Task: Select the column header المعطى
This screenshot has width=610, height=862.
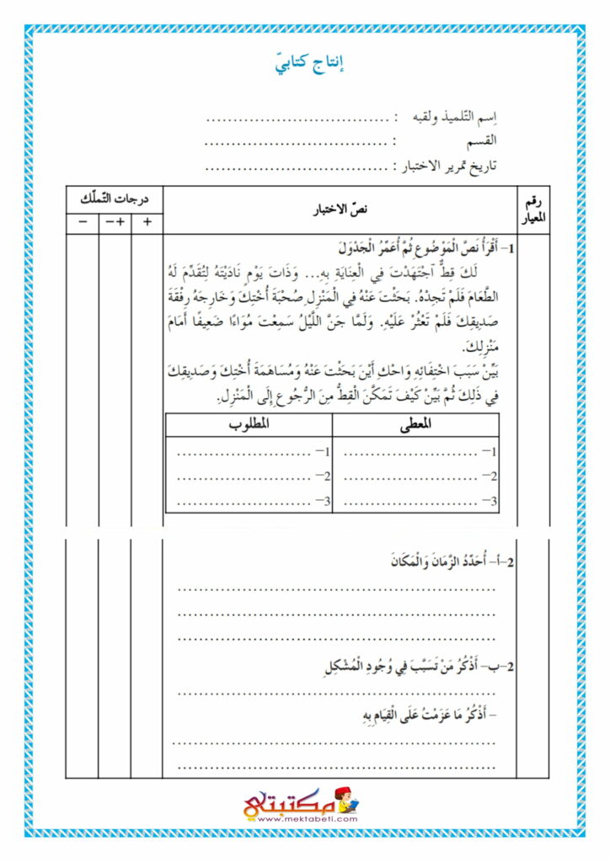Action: (x=416, y=425)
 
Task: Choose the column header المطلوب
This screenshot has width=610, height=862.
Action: (x=249, y=425)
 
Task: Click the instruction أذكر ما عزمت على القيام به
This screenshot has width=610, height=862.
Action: (x=423, y=716)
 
